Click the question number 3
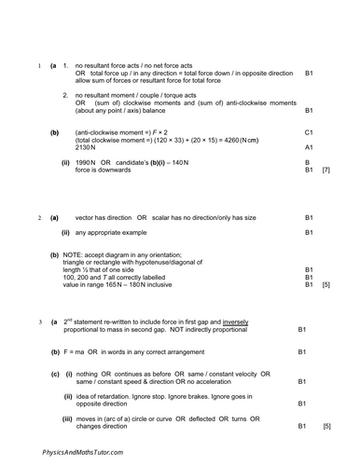pos(40,322)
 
